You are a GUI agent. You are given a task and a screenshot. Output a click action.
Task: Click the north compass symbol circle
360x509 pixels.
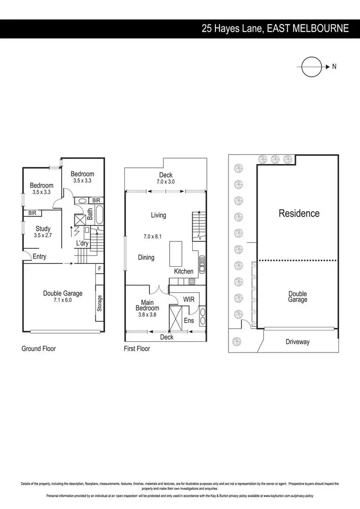click(x=311, y=67)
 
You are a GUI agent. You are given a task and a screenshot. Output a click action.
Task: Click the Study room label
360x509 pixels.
click(x=43, y=229)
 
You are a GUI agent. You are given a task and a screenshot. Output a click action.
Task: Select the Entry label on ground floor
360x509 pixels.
click(x=40, y=256)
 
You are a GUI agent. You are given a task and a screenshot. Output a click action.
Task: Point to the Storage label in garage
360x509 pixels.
click(x=99, y=303)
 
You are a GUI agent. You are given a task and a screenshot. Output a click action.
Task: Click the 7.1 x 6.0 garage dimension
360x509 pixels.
click(x=63, y=300)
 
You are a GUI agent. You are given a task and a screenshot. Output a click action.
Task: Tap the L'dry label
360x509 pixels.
click(x=83, y=243)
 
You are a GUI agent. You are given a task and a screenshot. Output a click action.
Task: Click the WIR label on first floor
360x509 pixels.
click(x=189, y=299)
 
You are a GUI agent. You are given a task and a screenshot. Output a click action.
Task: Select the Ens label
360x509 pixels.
click(x=188, y=321)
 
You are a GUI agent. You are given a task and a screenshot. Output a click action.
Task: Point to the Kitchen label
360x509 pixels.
click(x=184, y=271)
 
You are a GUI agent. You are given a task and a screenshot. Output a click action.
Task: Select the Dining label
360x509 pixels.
click(x=146, y=257)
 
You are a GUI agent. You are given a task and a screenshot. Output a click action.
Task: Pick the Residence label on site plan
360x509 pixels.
click(x=299, y=213)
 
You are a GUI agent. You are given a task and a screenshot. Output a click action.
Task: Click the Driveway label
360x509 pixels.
click(x=297, y=342)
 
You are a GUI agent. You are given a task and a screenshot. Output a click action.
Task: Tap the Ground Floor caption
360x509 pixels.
click(x=39, y=349)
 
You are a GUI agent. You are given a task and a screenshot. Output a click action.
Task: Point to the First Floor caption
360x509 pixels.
click(x=137, y=349)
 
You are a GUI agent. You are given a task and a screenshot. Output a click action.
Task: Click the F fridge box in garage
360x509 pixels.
click(x=99, y=269)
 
